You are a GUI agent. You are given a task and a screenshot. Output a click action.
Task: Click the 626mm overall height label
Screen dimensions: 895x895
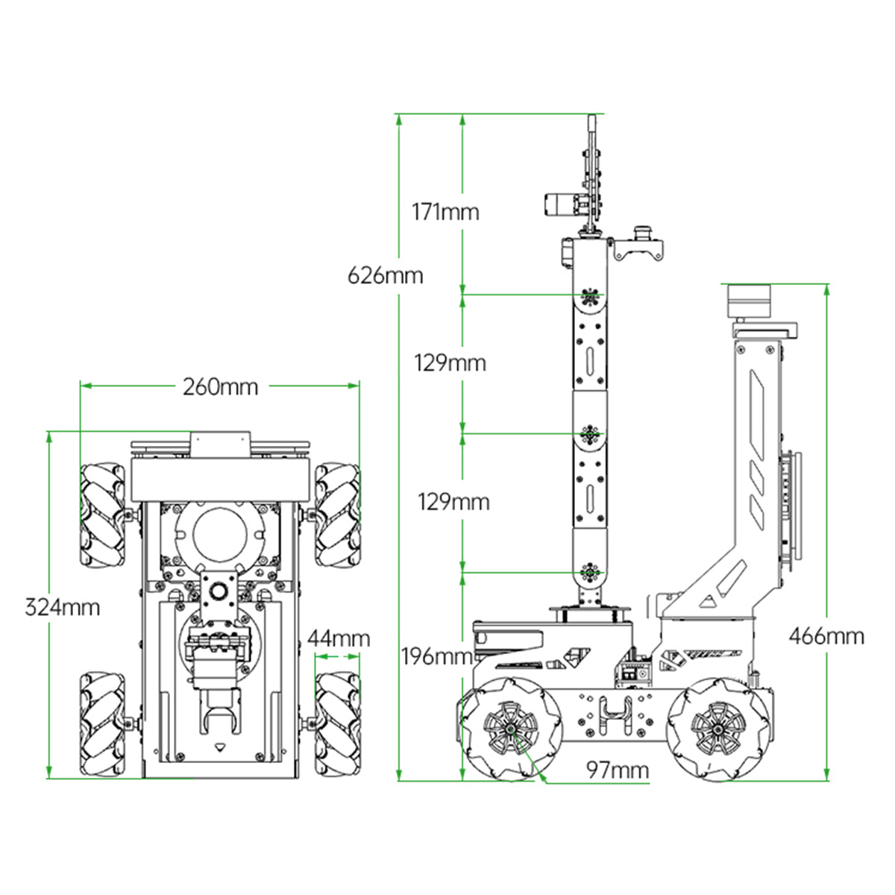[385, 276]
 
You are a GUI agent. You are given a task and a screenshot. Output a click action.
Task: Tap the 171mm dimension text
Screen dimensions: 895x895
[445, 212]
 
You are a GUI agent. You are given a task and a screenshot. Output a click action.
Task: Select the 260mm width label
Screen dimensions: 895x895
[221, 386]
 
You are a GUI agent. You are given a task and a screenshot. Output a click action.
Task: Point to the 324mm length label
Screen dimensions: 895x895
[63, 607]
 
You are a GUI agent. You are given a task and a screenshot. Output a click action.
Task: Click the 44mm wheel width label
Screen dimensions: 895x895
[339, 638]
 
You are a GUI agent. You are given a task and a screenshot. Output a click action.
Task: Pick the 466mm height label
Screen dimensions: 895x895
[826, 636]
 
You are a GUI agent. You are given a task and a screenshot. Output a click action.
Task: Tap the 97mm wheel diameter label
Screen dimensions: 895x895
[617, 770]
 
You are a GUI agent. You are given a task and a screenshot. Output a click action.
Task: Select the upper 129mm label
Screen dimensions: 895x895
[450, 363]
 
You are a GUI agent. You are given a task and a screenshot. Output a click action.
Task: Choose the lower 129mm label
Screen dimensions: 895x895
[453, 502]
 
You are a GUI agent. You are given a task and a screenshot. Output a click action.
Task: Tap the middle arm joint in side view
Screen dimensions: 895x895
[590, 433]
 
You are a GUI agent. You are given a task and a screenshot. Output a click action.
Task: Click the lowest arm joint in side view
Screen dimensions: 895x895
[590, 572]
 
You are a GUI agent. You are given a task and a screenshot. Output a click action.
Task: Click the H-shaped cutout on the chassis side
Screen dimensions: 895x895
[613, 717]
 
